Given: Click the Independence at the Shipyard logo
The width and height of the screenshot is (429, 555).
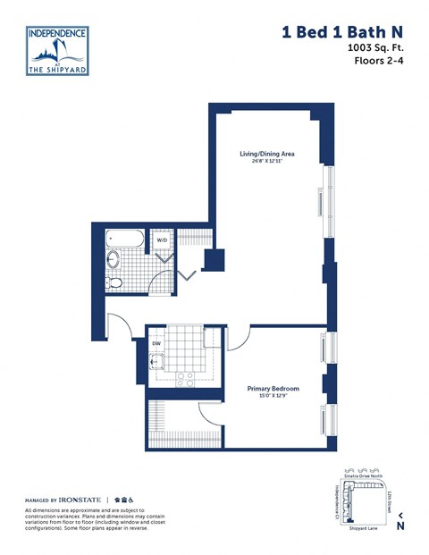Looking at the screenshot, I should [x=57, y=52].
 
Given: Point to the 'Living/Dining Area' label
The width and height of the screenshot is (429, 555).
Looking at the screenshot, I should [x=267, y=154].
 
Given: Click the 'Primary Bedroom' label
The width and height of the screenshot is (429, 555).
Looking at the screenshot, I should [x=273, y=389].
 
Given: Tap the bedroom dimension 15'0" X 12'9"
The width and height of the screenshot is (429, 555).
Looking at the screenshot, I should [x=273, y=399].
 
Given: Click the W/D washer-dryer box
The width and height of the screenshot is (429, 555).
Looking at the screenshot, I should [x=162, y=240].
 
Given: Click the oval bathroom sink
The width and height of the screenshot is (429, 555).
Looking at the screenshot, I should [x=114, y=262].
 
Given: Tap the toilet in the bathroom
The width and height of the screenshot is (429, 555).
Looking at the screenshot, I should [x=114, y=282].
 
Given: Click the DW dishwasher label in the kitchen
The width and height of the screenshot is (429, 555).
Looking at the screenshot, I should [x=156, y=342].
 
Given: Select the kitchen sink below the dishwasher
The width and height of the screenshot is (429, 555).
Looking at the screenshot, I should [x=157, y=362].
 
